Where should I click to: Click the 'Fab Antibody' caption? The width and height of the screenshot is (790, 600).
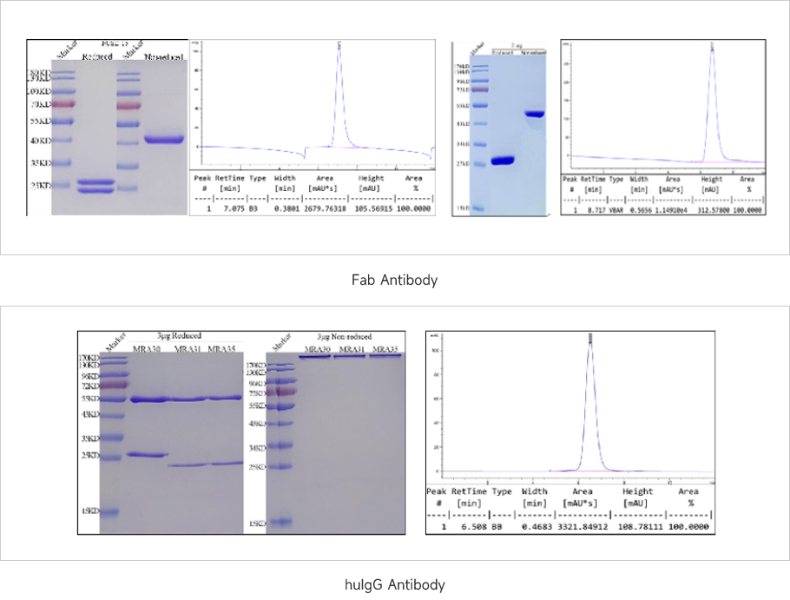[x=394, y=280]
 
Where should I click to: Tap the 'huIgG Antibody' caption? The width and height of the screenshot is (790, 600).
[x=394, y=584]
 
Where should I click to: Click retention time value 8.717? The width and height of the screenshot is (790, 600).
[x=593, y=209]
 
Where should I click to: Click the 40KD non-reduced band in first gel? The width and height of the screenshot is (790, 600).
[x=164, y=139]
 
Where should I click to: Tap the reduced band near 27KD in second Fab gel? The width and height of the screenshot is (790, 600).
[x=503, y=160]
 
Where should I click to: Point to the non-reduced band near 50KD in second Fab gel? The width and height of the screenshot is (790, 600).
[x=533, y=114]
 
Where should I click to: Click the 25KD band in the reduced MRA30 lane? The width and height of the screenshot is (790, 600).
[x=146, y=454]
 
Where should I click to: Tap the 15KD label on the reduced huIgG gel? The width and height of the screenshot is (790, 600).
[x=89, y=511]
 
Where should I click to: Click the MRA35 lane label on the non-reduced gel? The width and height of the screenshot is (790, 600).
[x=385, y=349]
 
